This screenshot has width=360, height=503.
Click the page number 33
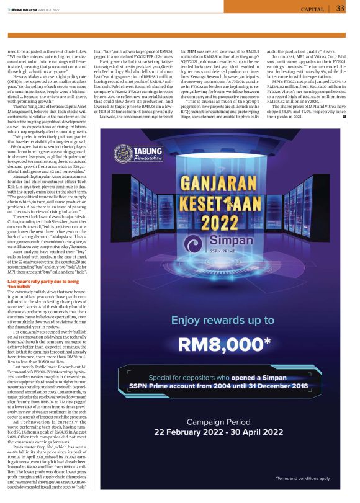[340, 8]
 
